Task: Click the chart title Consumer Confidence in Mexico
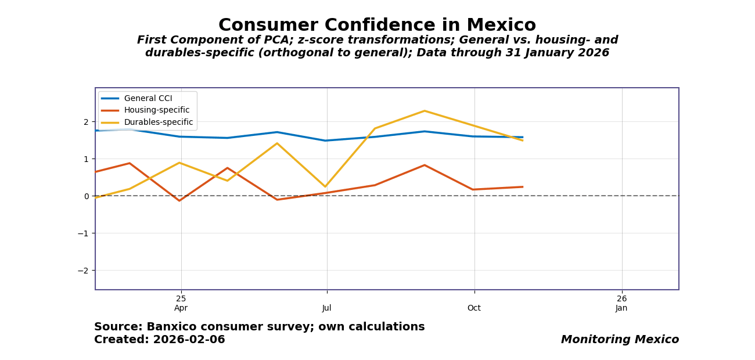(x=377, y=26)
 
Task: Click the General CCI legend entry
(x=148, y=99)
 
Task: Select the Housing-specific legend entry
(x=157, y=110)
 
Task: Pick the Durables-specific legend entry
(x=159, y=123)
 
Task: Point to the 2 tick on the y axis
(x=85, y=122)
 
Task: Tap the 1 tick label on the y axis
(x=85, y=159)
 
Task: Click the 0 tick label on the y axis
(x=85, y=196)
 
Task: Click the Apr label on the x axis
(x=181, y=308)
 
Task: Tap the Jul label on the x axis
(x=327, y=308)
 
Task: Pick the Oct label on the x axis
(x=474, y=308)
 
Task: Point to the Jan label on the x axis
(x=621, y=308)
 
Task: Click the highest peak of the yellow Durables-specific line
(x=425, y=111)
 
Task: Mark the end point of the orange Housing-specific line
(x=523, y=187)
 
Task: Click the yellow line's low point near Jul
(x=325, y=186)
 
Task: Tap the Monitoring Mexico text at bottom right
(x=620, y=340)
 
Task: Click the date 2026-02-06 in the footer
(x=189, y=340)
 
